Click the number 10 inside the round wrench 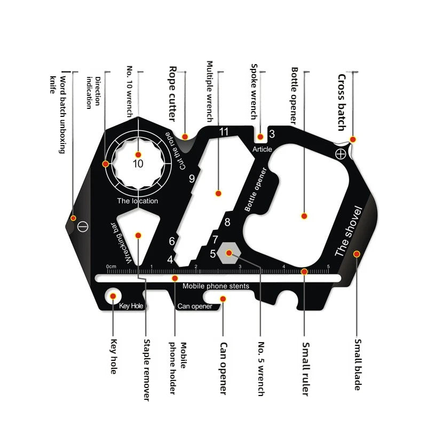click(138, 164)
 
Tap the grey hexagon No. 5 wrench click(229, 253)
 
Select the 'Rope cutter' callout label click(172, 94)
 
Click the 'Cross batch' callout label click(342, 102)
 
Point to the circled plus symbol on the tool click(341, 154)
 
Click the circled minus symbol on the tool click(83, 226)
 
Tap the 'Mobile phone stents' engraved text click(216, 286)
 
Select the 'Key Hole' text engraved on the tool click(131, 306)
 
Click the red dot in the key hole click(113, 296)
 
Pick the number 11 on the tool click(224, 132)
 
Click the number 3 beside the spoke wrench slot click(272, 134)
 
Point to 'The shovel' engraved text click(349, 231)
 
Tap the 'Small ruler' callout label click(306, 369)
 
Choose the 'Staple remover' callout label click(147, 370)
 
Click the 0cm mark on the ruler click(111, 266)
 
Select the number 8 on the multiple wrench click(227, 222)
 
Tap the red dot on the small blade click(357, 254)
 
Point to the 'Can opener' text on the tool click(195, 306)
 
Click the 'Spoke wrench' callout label click(254, 92)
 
